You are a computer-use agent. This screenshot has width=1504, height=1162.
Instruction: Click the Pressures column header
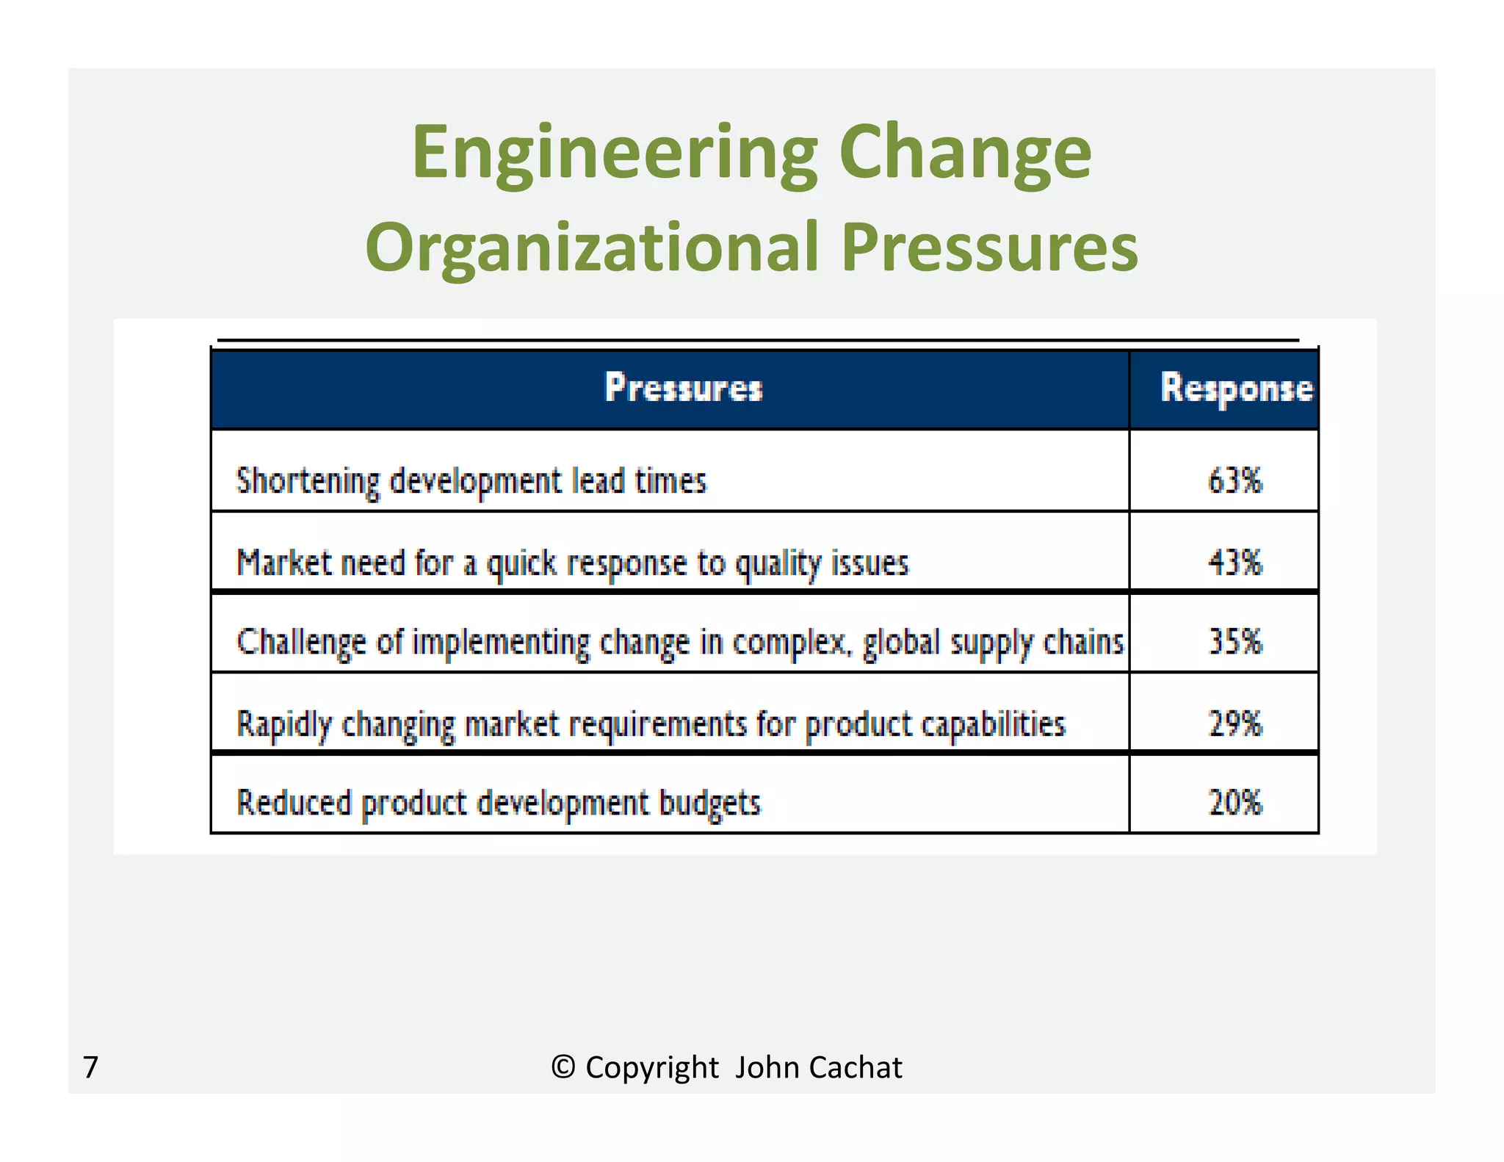tap(683, 388)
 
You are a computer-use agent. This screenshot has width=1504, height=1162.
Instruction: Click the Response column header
tap(1236, 389)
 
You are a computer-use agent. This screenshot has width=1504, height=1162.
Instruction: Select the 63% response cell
tap(1234, 481)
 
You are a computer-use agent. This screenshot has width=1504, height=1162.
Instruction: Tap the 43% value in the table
tap(1234, 563)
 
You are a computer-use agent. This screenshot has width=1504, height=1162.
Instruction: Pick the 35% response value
tap(1234, 641)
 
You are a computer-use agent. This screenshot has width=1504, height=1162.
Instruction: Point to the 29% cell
tap(1234, 723)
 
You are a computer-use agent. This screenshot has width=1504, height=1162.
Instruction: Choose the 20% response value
tap(1234, 802)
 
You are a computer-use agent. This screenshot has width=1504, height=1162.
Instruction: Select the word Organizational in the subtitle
tap(591, 248)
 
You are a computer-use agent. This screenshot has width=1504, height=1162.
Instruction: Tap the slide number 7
tap(90, 1067)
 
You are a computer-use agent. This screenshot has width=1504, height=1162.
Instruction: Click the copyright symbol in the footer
tap(563, 1067)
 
